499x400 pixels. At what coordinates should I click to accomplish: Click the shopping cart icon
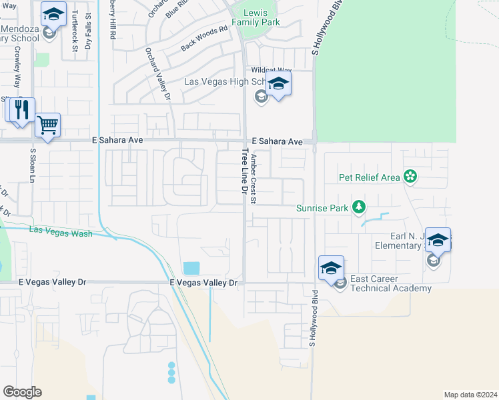click(47, 124)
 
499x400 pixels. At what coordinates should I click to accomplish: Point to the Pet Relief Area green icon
click(410, 177)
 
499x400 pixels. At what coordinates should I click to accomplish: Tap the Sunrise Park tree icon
click(360, 208)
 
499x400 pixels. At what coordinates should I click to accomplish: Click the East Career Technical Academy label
click(390, 284)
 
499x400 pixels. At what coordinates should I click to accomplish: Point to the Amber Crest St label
click(254, 179)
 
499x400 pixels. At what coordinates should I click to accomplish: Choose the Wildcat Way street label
click(271, 70)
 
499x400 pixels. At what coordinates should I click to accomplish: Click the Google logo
click(22, 392)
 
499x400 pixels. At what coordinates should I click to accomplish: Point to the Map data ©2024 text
click(470, 395)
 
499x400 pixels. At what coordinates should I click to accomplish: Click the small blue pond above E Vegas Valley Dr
click(191, 268)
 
